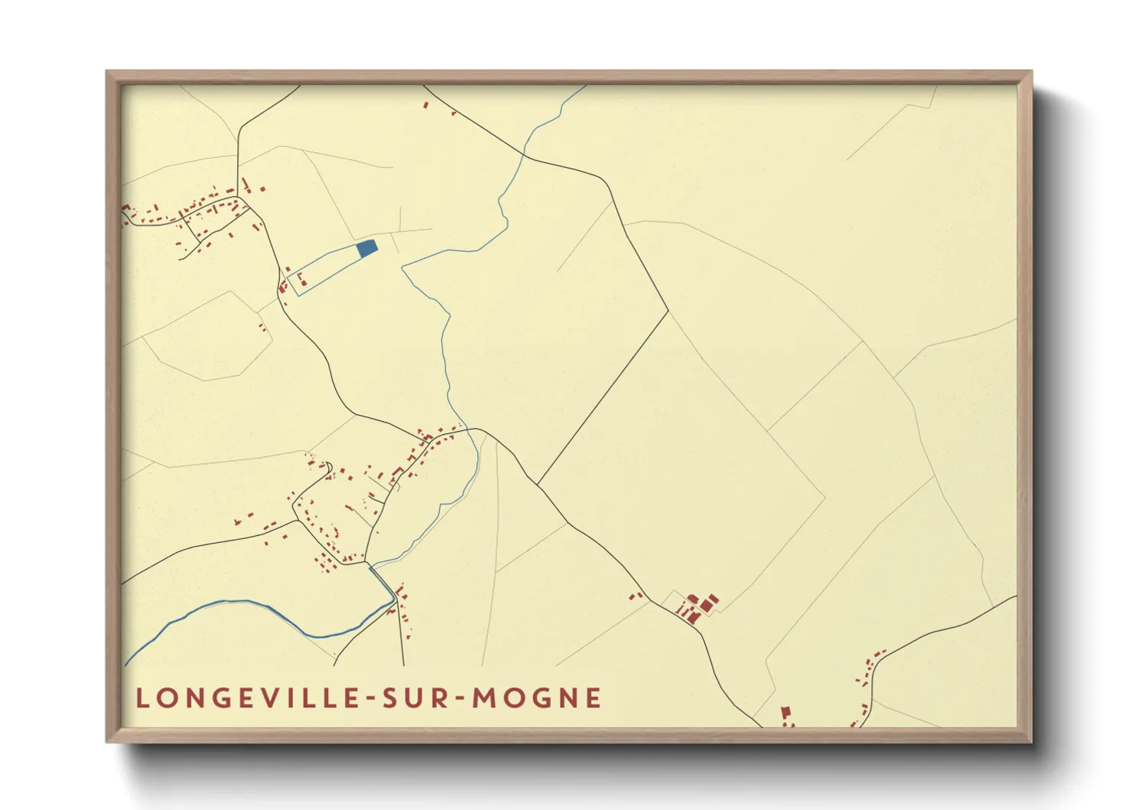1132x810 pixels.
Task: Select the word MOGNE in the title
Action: pyautogui.click(x=537, y=698)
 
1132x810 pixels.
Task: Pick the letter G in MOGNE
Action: pyautogui.click(x=540, y=698)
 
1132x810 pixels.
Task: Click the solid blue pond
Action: pyautogui.click(x=367, y=248)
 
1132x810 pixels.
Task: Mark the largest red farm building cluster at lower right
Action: pyautogui.click(x=698, y=606)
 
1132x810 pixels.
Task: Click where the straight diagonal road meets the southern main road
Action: pyautogui.click(x=538, y=485)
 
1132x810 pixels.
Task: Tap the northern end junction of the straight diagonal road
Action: pyautogui.click(x=668, y=311)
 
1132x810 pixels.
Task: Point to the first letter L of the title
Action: pyautogui.click(x=141, y=698)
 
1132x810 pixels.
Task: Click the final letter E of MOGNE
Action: pyautogui.click(x=594, y=698)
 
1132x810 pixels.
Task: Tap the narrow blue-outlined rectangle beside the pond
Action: pyautogui.click(x=325, y=272)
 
